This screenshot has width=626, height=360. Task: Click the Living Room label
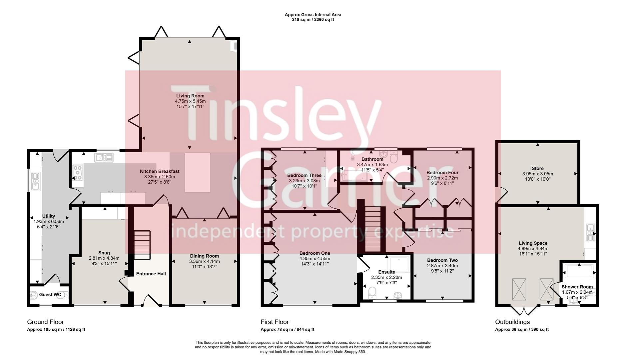click(x=190, y=96)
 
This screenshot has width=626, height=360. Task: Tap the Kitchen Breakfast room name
click(x=160, y=172)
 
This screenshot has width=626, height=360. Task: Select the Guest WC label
click(x=50, y=295)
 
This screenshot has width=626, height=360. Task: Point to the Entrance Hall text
click(x=151, y=274)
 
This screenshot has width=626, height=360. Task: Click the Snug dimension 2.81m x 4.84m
click(x=104, y=258)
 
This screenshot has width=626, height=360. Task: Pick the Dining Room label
click(x=204, y=256)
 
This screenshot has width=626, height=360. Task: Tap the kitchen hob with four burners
click(x=78, y=173)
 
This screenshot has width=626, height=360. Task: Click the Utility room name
click(x=49, y=216)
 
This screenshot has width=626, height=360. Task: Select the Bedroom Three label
click(x=305, y=176)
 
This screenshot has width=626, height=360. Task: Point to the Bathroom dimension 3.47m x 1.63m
click(x=372, y=165)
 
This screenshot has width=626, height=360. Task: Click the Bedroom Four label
click(x=442, y=173)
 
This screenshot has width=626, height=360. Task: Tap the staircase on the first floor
click(x=371, y=229)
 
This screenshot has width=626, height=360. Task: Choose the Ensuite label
click(x=387, y=272)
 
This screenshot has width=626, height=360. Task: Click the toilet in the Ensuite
click(x=372, y=294)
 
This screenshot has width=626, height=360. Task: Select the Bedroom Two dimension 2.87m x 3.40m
click(x=442, y=266)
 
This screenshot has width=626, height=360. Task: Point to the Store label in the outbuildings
click(x=538, y=169)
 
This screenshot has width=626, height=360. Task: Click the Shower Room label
click(x=577, y=287)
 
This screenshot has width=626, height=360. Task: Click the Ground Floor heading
click(x=45, y=322)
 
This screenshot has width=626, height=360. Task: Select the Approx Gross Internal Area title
click(x=313, y=15)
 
